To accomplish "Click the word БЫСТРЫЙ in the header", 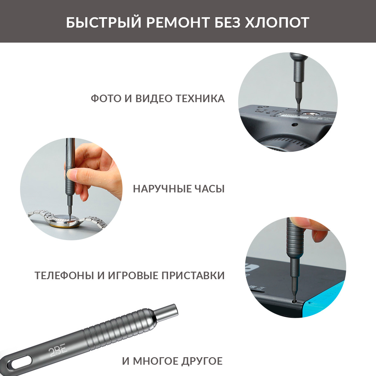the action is [103, 22].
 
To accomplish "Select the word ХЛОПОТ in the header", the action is [277, 23].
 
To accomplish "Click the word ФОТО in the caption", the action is [106, 98].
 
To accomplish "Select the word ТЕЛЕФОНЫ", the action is [64, 275].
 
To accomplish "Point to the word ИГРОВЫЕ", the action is [133, 275].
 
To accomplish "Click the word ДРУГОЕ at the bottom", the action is [202, 361].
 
